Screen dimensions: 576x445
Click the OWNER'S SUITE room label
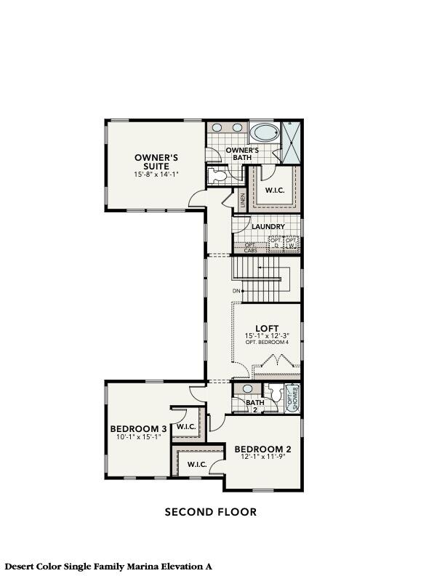[156, 161]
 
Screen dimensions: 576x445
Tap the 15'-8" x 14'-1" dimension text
[156, 175]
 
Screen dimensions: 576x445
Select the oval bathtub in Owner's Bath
[265, 134]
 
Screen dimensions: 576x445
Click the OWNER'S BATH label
[242, 153]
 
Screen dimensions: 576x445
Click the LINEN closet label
[243, 201]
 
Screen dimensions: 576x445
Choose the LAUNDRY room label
[268, 227]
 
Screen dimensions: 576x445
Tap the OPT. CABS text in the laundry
[250, 248]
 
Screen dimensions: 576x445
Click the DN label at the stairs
[236, 292]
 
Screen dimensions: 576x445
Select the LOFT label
[267, 327]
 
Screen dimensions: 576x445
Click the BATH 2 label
[254, 405]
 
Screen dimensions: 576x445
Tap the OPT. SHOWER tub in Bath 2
[292, 399]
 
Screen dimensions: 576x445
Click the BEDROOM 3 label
[138, 428]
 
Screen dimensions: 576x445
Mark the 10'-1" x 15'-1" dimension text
[138, 438]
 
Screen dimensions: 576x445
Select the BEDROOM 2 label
[262, 449]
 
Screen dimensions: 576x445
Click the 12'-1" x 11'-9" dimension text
[262, 457]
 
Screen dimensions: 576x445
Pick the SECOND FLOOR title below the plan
[210, 512]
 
